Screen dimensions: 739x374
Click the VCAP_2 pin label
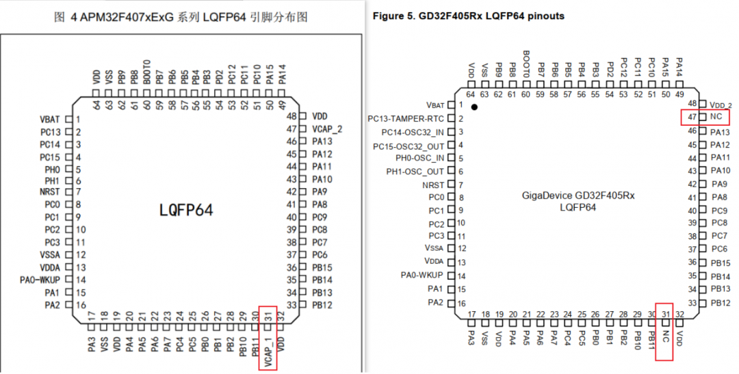coord(327,129)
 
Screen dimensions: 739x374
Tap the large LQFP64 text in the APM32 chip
coord(186,210)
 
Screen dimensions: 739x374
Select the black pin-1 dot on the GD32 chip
coord(474,107)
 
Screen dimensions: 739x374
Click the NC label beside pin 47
coord(716,116)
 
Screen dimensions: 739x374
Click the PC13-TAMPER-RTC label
coord(406,119)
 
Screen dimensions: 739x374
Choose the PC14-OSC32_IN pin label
coord(413,133)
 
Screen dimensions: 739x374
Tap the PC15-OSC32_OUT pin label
coord(409,146)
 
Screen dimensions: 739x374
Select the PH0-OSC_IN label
coord(420,158)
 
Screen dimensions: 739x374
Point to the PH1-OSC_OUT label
coord(415,172)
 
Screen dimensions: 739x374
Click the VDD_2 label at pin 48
coord(721,105)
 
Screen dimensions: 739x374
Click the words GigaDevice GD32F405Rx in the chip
coord(578,196)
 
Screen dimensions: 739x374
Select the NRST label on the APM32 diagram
coord(50,191)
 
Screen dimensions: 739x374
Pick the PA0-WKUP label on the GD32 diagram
coord(422,275)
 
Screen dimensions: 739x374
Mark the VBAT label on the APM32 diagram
coord(50,120)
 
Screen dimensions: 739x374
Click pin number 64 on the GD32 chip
coord(470,94)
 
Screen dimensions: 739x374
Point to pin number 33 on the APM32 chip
coord(291,305)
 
